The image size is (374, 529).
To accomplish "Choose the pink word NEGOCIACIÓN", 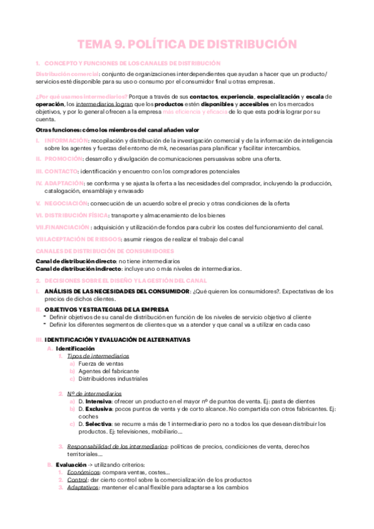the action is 66,203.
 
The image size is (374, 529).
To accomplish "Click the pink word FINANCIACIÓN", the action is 67,227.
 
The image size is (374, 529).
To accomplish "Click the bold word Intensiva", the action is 99,401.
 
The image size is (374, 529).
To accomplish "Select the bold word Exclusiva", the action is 100,409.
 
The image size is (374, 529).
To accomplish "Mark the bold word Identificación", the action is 75,347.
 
